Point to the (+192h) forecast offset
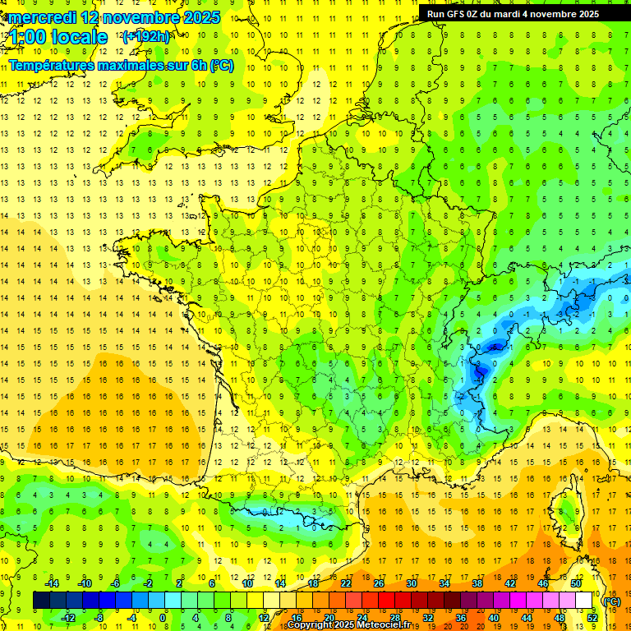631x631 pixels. click(x=146, y=36)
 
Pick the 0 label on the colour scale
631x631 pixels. click(x=163, y=617)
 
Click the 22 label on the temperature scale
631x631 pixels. click(x=346, y=583)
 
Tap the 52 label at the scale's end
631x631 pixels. click(x=592, y=617)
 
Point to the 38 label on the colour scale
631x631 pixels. click(x=477, y=583)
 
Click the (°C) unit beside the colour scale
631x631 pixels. click(x=611, y=601)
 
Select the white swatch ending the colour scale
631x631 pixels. click(x=584, y=600)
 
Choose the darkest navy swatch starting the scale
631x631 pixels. click(x=41, y=600)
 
